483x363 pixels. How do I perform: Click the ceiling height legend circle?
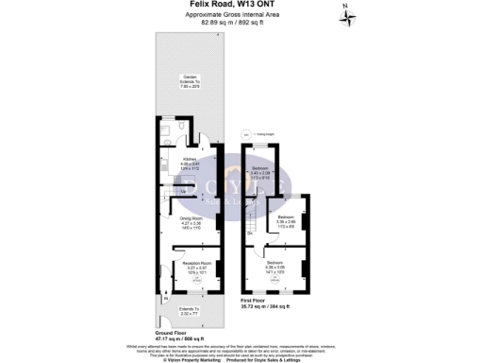(246, 134)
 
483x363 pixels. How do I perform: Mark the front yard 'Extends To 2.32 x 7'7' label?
(189, 311)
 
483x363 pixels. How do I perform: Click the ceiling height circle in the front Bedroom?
(275, 277)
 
